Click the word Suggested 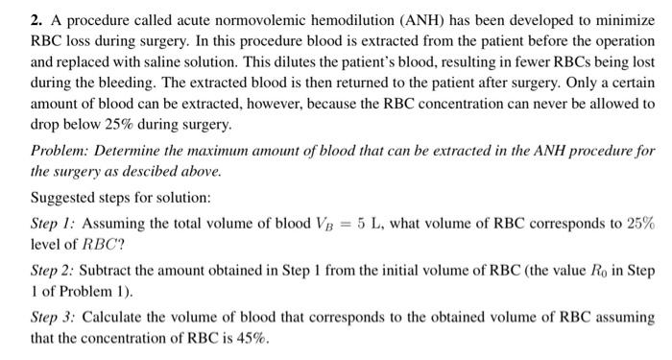pyautogui.click(x=63, y=199)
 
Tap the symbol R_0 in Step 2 pyautogui.click(x=605, y=272)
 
